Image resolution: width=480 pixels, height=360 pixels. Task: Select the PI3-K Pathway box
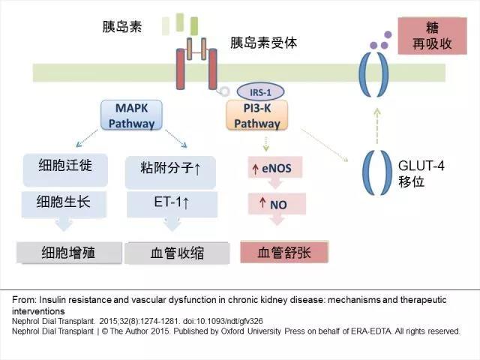251,117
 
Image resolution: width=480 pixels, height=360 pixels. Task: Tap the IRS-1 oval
255,91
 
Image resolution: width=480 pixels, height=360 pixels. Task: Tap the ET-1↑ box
170,201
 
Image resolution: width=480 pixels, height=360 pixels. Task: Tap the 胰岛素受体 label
264,43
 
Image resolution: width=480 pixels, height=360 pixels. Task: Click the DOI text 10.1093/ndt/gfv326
223,320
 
